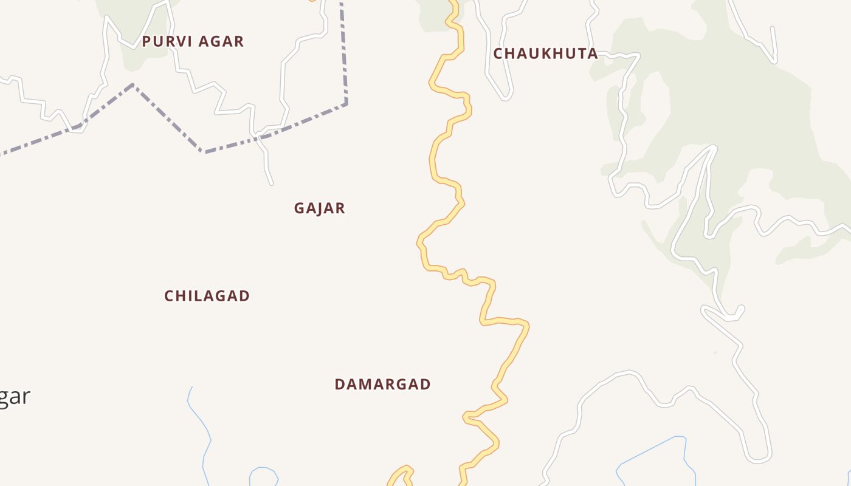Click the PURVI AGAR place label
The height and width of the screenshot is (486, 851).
click(x=193, y=41)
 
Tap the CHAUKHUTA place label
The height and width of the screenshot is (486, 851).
click(x=545, y=53)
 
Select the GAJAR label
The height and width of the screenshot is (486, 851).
click(x=319, y=208)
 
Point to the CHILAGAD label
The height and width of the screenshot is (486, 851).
click(x=207, y=296)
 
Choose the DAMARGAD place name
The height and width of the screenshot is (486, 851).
click(x=382, y=385)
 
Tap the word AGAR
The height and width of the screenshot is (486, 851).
click(x=221, y=41)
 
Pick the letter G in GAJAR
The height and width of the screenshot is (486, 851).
click(x=299, y=208)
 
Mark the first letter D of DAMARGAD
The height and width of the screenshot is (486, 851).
click(x=340, y=385)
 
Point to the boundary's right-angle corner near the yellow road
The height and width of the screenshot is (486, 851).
click(x=346, y=103)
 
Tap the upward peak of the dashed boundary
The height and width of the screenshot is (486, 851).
click(x=133, y=85)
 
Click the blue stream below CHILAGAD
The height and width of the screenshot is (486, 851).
click(x=201, y=425)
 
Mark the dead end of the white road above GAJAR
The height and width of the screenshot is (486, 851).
click(x=271, y=183)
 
